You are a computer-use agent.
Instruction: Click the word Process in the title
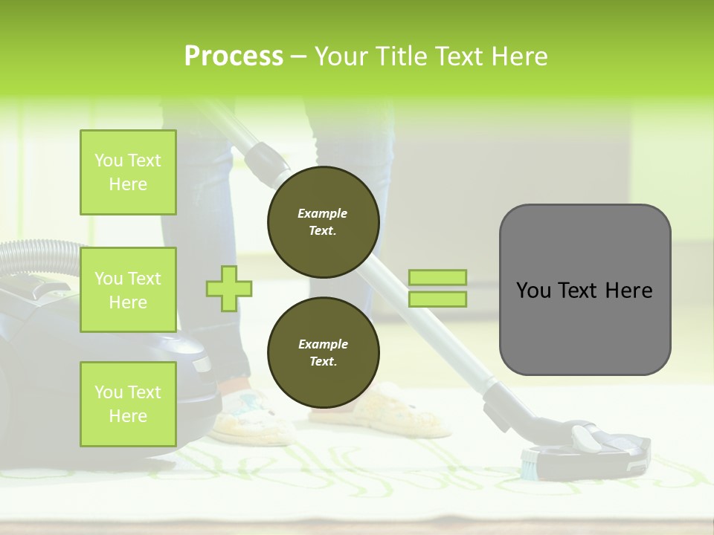pyautogui.click(x=234, y=56)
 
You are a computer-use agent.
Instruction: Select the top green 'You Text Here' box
pyautogui.click(x=128, y=172)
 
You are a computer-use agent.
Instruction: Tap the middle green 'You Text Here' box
pyautogui.click(x=128, y=290)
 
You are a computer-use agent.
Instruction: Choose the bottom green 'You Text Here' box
pyautogui.click(x=128, y=404)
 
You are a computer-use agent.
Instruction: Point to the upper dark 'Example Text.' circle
pyautogui.click(x=323, y=222)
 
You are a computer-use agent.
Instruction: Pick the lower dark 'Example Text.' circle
pyautogui.click(x=323, y=353)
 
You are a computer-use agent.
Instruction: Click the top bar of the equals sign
pyautogui.click(x=437, y=277)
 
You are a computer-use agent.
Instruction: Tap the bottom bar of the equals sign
pyautogui.click(x=437, y=299)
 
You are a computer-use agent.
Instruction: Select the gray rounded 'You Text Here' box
pyautogui.click(x=585, y=290)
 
